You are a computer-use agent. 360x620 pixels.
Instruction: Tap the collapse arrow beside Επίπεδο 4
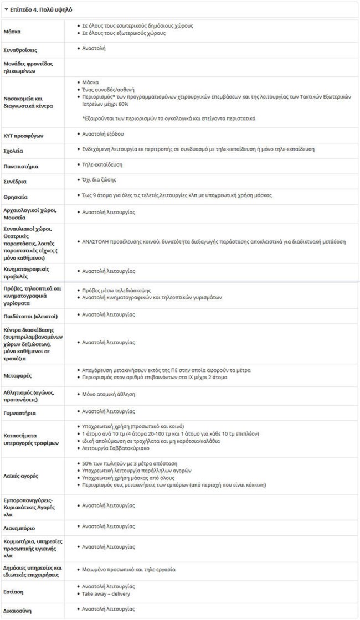click(x=6, y=9)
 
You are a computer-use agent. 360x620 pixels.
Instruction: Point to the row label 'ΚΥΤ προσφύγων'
click(x=23, y=135)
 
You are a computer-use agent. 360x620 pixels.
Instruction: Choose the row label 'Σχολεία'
click(x=14, y=151)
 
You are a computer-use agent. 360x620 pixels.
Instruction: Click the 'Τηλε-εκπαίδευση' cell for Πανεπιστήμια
click(x=102, y=164)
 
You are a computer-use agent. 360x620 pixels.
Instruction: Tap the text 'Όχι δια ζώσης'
click(x=99, y=180)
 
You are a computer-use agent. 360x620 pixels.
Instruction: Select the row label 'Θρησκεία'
click(x=16, y=197)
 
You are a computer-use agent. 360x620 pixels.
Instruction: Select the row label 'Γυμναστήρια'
click(x=20, y=413)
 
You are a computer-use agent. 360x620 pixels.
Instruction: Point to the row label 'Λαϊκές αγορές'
click(x=22, y=474)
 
